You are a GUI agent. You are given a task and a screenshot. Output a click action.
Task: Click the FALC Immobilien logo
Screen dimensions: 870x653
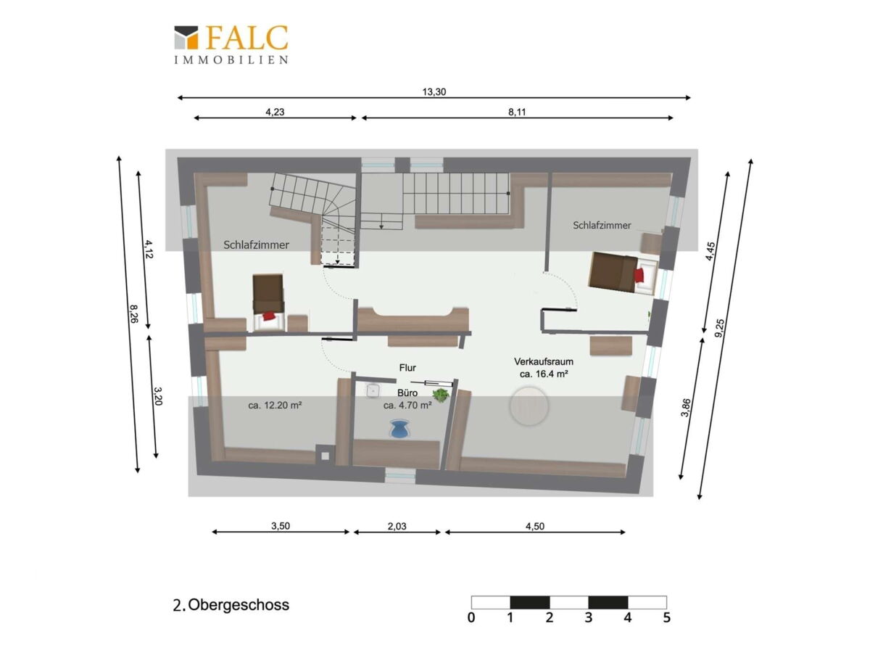coord(231,44)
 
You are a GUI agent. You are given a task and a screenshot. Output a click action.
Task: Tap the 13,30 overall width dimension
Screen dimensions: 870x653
coord(434,92)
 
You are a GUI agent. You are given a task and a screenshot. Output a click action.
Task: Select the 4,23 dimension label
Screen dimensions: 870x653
coord(275,112)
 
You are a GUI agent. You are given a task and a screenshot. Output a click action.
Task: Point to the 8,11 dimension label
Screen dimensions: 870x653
coord(517,112)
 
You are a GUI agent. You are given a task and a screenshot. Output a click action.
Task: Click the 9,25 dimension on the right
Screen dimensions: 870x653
coord(719,328)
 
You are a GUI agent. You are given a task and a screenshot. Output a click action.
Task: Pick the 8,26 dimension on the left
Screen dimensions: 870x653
coord(133,313)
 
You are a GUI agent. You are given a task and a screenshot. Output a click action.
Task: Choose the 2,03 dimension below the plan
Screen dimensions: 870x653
coord(397,527)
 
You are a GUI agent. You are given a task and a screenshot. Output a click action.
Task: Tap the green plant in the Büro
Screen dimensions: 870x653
coord(440,395)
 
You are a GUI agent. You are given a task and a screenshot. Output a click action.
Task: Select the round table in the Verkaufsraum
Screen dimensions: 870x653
coord(529,406)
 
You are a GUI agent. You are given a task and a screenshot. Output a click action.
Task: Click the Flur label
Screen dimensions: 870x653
coord(407,368)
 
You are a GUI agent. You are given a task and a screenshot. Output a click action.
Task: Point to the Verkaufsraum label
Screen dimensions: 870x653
coord(544,361)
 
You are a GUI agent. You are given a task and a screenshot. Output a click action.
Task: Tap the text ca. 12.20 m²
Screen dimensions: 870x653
coord(275,406)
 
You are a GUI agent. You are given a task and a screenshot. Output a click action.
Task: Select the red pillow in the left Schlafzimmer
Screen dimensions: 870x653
coord(268,316)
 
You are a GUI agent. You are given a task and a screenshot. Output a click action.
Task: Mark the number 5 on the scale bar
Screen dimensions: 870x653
coord(667,617)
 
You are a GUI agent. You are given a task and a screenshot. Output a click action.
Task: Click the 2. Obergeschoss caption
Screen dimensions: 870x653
coord(231,605)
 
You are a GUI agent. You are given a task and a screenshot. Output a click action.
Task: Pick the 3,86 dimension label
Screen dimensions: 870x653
coord(685,408)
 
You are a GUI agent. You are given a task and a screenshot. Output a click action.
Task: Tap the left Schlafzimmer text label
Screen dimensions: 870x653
coord(256,245)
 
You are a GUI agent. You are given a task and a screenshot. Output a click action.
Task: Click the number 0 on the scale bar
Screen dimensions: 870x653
coord(471,617)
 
